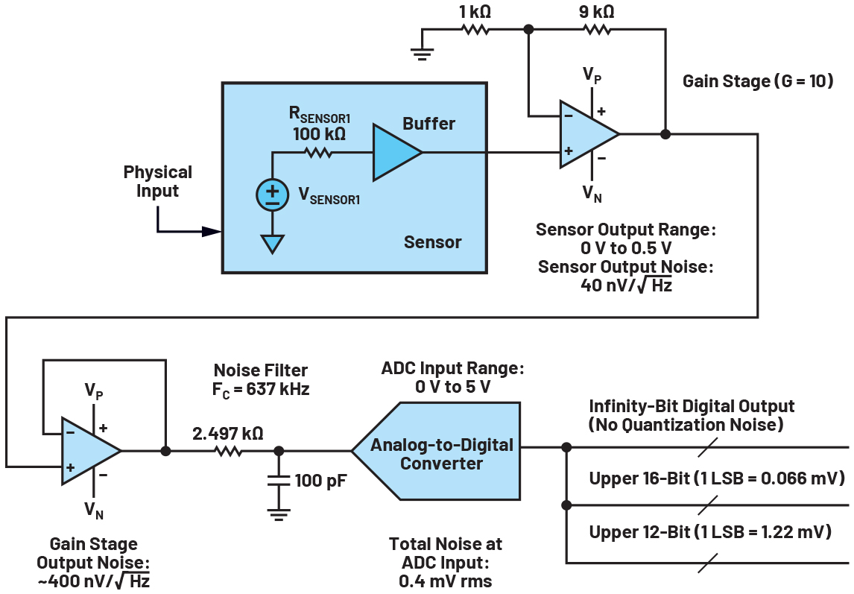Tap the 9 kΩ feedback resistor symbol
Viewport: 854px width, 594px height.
[x=597, y=30]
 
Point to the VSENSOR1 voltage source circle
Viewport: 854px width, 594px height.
[x=272, y=194]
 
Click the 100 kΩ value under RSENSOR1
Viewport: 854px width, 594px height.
[x=319, y=134]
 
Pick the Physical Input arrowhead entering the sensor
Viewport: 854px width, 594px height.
[x=212, y=232]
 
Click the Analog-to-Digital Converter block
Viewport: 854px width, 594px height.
[x=443, y=453]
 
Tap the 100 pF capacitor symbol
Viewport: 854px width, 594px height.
[x=279, y=481]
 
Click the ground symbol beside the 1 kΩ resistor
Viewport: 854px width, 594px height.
[x=422, y=51]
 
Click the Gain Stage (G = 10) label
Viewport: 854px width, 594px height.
[x=757, y=80]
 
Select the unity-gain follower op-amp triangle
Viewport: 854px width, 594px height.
[x=88, y=450]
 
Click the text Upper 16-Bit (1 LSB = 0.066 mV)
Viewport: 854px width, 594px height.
[x=716, y=478]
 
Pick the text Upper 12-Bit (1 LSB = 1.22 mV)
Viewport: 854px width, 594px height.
[x=711, y=531]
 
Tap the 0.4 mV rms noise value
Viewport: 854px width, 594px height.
[x=446, y=580]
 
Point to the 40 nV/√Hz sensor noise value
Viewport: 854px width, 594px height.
[x=625, y=285]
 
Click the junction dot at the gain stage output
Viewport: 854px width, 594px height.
[x=665, y=134]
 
